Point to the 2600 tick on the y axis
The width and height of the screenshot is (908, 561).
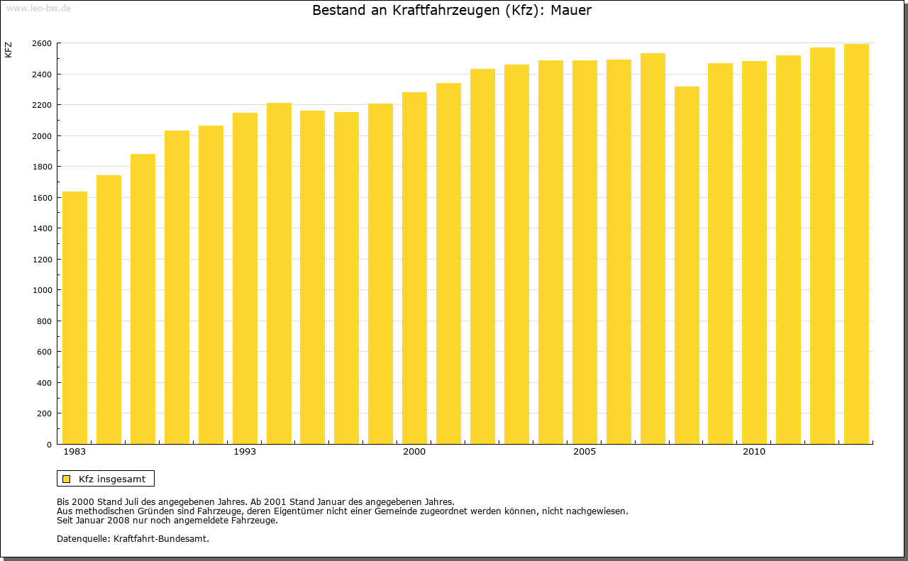coord(41,43)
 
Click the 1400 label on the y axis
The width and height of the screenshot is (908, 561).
coord(41,228)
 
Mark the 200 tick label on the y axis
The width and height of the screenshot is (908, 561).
coord(44,413)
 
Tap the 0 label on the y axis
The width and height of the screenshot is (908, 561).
coord(48,445)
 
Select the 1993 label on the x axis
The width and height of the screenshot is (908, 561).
coord(245,452)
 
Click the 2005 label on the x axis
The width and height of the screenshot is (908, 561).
coord(585,452)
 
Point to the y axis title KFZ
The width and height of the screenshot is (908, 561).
coord(9,50)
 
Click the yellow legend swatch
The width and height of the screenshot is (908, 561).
coord(66,479)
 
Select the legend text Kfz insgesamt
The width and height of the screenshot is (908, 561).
coord(112,479)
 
